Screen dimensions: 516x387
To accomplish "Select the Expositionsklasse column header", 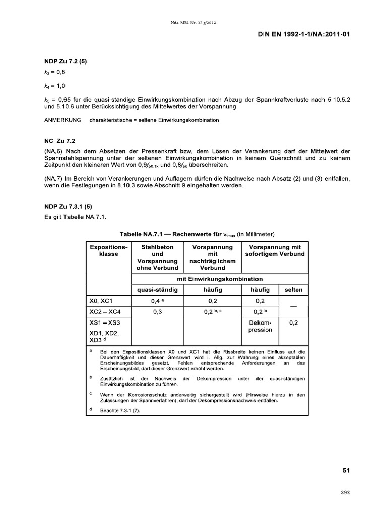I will [109, 251].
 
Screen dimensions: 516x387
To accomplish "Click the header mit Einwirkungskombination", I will [220, 278].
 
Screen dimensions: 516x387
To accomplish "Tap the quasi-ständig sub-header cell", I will [158, 290].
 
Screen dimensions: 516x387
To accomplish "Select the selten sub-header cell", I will [293, 290].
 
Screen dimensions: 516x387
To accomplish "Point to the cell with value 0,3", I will [158, 312].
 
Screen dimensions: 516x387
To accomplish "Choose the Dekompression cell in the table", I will [260, 326].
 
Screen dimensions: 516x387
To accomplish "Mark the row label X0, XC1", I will [102, 301].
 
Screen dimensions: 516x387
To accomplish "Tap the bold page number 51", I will [346, 470].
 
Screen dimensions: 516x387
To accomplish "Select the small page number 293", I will [345, 493].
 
